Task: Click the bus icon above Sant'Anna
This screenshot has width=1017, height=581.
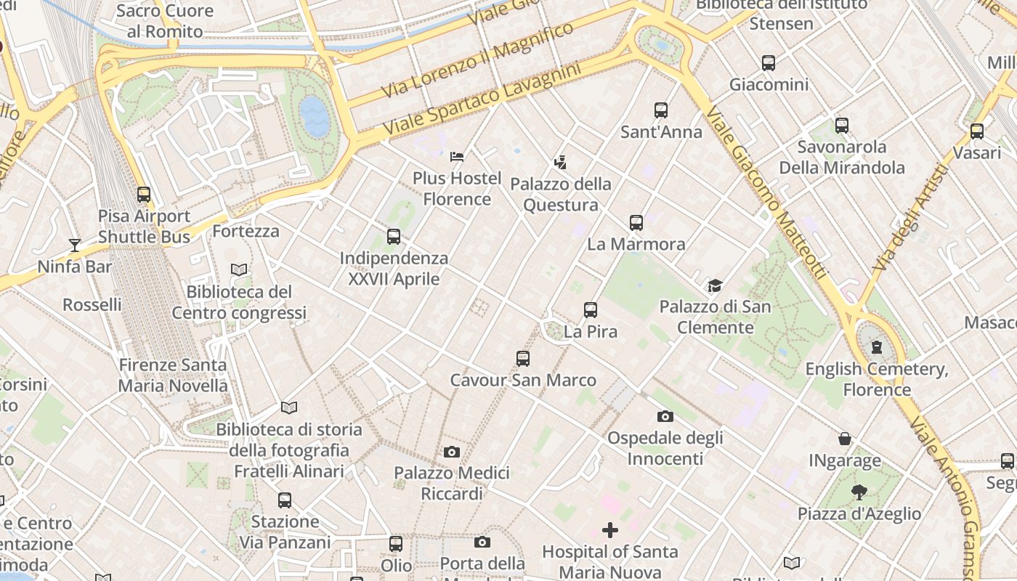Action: pos(660,110)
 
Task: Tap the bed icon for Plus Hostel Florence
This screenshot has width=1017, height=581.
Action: pos(457,156)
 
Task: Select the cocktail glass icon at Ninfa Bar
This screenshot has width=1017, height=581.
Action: pos(74,245)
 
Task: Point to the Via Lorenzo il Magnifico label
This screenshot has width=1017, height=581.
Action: pos(477,60)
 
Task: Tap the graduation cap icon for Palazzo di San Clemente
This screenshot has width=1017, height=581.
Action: pos(716,285)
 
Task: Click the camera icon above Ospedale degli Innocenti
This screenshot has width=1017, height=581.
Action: pos(665,416)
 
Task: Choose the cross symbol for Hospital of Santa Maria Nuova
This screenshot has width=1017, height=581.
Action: pos(610,530)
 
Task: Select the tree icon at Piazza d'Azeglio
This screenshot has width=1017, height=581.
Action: pos(859,492)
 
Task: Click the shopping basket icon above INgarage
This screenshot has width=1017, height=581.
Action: pos(845,439)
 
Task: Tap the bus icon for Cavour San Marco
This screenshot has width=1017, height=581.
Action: pos(522,358)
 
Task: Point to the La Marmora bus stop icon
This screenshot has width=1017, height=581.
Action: pos(636,223)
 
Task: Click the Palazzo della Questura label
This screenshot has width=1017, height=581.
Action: pos(561,195)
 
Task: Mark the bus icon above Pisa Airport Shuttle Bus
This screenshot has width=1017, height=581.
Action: pos(144,195)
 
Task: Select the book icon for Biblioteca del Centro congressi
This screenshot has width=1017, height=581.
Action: pos(238,269)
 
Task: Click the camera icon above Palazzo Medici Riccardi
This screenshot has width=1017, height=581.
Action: pos(451,452)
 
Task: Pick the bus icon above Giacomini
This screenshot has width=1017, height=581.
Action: pos(769,63)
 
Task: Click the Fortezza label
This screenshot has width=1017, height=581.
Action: pos(246,232)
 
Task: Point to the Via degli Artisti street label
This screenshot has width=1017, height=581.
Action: pos(911,219)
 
